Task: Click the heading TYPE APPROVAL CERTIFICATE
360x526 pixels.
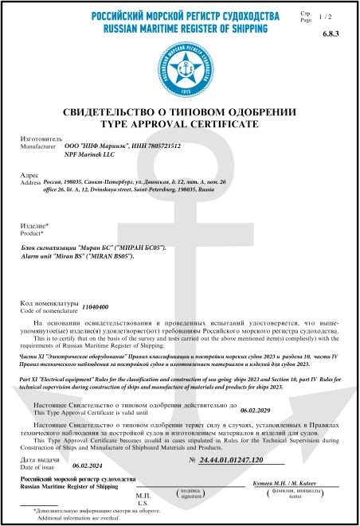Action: point(179,125)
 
